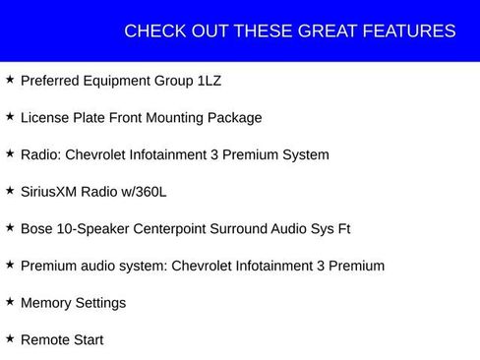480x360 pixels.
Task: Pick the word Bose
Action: (37, 228)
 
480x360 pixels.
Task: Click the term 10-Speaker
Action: (95, 228)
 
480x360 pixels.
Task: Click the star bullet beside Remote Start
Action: (10, 338)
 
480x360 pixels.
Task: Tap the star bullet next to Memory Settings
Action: (10, 301)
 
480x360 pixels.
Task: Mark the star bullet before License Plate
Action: (10, 116)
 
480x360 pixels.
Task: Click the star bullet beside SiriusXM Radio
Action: (10, 190)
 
